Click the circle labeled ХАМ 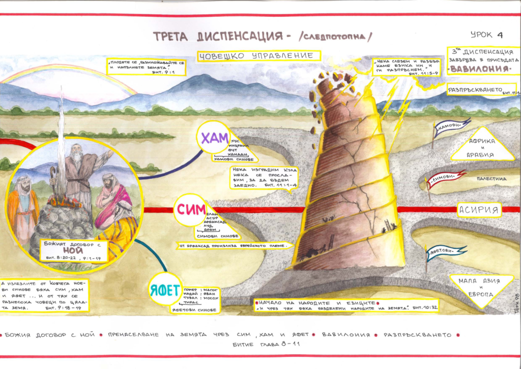[x=213, y=138]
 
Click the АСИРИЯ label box [x=478, y=209]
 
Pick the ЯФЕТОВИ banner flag [x=446, y=251]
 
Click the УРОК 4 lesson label [x=486, y=35]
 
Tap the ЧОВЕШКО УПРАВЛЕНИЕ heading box [x=258, y=56]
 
